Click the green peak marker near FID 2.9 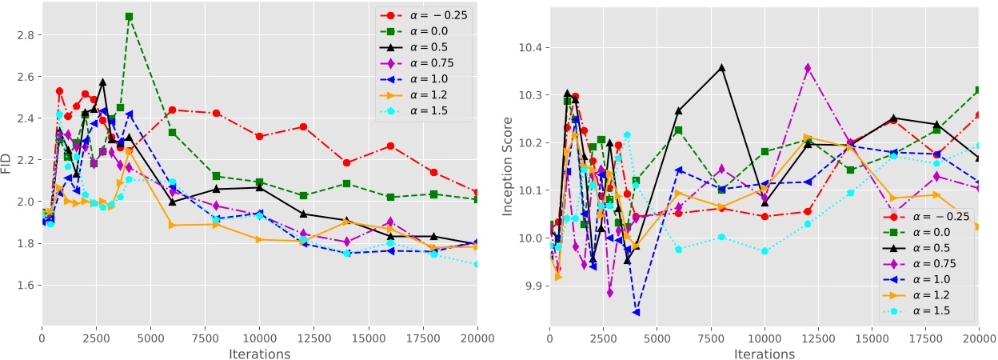click(x=129, y=17)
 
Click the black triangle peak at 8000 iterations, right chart click(x=721, y=68)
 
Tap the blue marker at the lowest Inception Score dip click(x=636, y=312)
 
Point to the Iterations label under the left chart click(x=259, y=353)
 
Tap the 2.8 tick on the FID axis click(x=24, y=35)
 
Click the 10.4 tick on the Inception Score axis click(x=531, y=48)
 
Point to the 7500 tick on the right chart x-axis click(x=710, y=338)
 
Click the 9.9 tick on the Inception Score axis click(x=531, y=286)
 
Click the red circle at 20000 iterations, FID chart click(x=477, y=193)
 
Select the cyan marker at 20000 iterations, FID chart click(x=477, y=263)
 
